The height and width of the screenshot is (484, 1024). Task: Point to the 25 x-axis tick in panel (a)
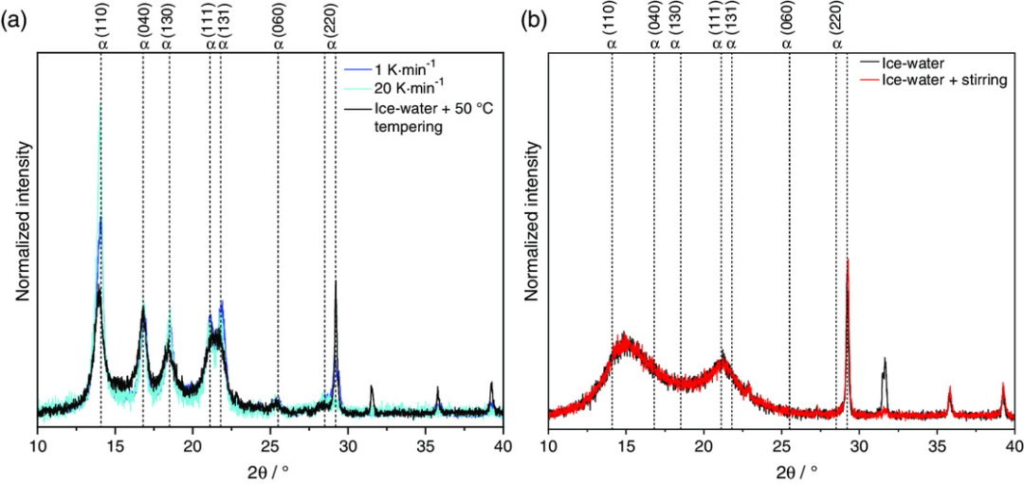(x=270, y=444)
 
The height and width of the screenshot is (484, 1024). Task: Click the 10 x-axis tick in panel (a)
(x=38, y=444)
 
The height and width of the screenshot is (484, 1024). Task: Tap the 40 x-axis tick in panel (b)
(x=1014, y=444)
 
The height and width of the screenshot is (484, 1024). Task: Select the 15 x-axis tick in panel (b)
(x=626, y=444)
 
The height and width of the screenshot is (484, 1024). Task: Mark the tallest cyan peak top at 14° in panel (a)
(x=101, y=107)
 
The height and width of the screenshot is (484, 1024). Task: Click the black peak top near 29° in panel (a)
(x=336, y=281)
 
